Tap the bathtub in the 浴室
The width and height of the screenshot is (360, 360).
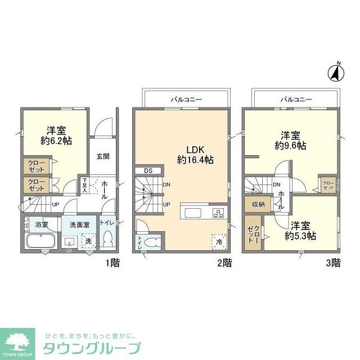coord(40,242)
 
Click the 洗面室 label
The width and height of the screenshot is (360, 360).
coord(80,224)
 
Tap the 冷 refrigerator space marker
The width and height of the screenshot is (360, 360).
coord(218,240)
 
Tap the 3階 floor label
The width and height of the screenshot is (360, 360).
coord(334,262)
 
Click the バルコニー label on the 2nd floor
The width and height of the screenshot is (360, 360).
coord(186,100)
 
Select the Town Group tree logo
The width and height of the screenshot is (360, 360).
coord(19,340)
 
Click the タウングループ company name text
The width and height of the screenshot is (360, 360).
coord(91,348)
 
